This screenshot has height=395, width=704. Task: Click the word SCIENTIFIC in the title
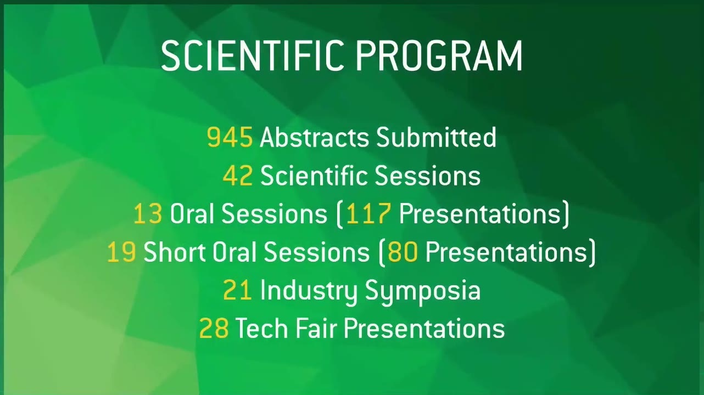(x=252, y=56)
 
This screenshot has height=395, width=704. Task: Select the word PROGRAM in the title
(x=439, y=56)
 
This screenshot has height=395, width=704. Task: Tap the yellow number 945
(x=230, y=137)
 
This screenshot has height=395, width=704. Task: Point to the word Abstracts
(x=314, y=137)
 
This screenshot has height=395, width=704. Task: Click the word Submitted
(x=436, y=137)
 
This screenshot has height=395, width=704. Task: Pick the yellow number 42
(x=238, y=175)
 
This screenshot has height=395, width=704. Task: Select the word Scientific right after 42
(x=314, y=174)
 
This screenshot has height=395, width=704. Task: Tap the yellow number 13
(x=148, y=213)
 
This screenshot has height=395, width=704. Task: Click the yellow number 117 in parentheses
(x=368, y=213)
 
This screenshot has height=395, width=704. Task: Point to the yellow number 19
(x=121, y=252)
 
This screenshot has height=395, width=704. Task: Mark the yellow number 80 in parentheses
(x=403, y=252)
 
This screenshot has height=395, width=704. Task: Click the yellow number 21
(x=238, y=290)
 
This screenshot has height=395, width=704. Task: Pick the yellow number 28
(x=214, y=328)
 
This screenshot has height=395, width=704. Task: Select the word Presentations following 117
(x=479, y=213)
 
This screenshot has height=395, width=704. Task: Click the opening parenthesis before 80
(x=382, y=252)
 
